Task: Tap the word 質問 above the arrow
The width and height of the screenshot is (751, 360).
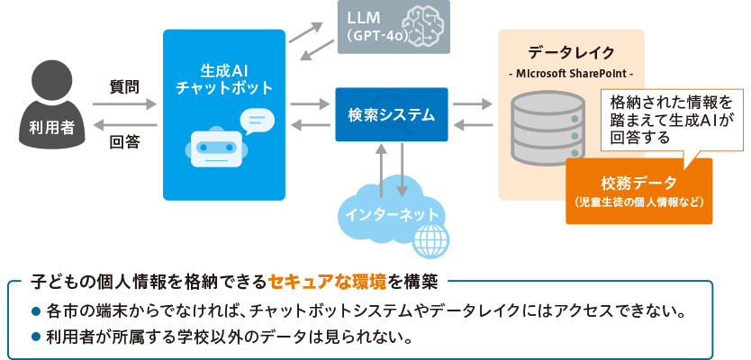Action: click(124, 87)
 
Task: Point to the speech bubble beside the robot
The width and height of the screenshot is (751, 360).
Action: click(257, 120)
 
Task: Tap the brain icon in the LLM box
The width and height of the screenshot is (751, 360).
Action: click(430, 27)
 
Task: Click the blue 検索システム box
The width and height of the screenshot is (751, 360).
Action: click(391, 114)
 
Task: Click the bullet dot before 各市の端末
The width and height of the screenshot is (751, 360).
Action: click(36, 314)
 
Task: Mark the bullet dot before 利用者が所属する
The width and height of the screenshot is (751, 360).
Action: click(36, 338)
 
